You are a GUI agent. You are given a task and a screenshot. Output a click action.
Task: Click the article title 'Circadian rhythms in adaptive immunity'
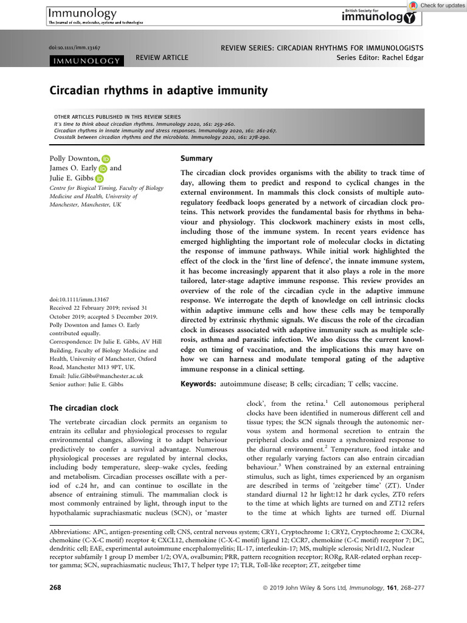[x=158, y=91]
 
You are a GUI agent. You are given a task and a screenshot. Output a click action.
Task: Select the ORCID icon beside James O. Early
[x=102, y=169]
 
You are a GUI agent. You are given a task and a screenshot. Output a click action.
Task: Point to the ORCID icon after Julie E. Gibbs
[x=100, y=179]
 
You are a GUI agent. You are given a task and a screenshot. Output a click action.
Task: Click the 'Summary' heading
[x=196, y=158]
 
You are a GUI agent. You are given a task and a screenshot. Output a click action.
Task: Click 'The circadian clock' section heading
[x=83, y=408]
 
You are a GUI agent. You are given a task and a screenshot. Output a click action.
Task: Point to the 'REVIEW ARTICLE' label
[x=162, y=58]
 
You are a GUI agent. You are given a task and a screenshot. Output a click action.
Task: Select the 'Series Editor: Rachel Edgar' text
[x=380, y=58]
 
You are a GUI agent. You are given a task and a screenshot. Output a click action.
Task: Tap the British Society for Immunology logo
[x=380, y=16]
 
